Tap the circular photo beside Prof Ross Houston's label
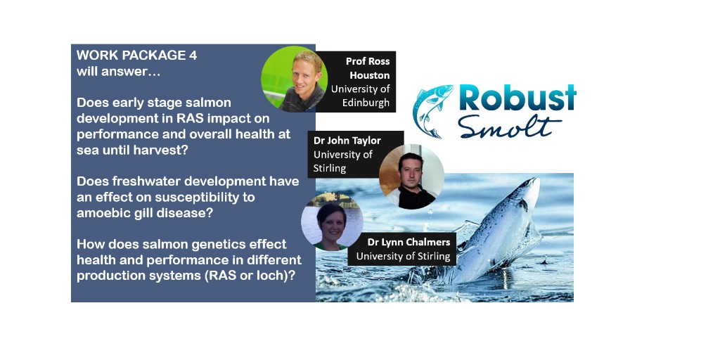293,77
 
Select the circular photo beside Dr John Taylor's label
411,176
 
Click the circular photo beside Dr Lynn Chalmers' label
332,221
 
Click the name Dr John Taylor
347,140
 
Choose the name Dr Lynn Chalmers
409,242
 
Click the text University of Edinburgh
360,96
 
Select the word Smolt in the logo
510,127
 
